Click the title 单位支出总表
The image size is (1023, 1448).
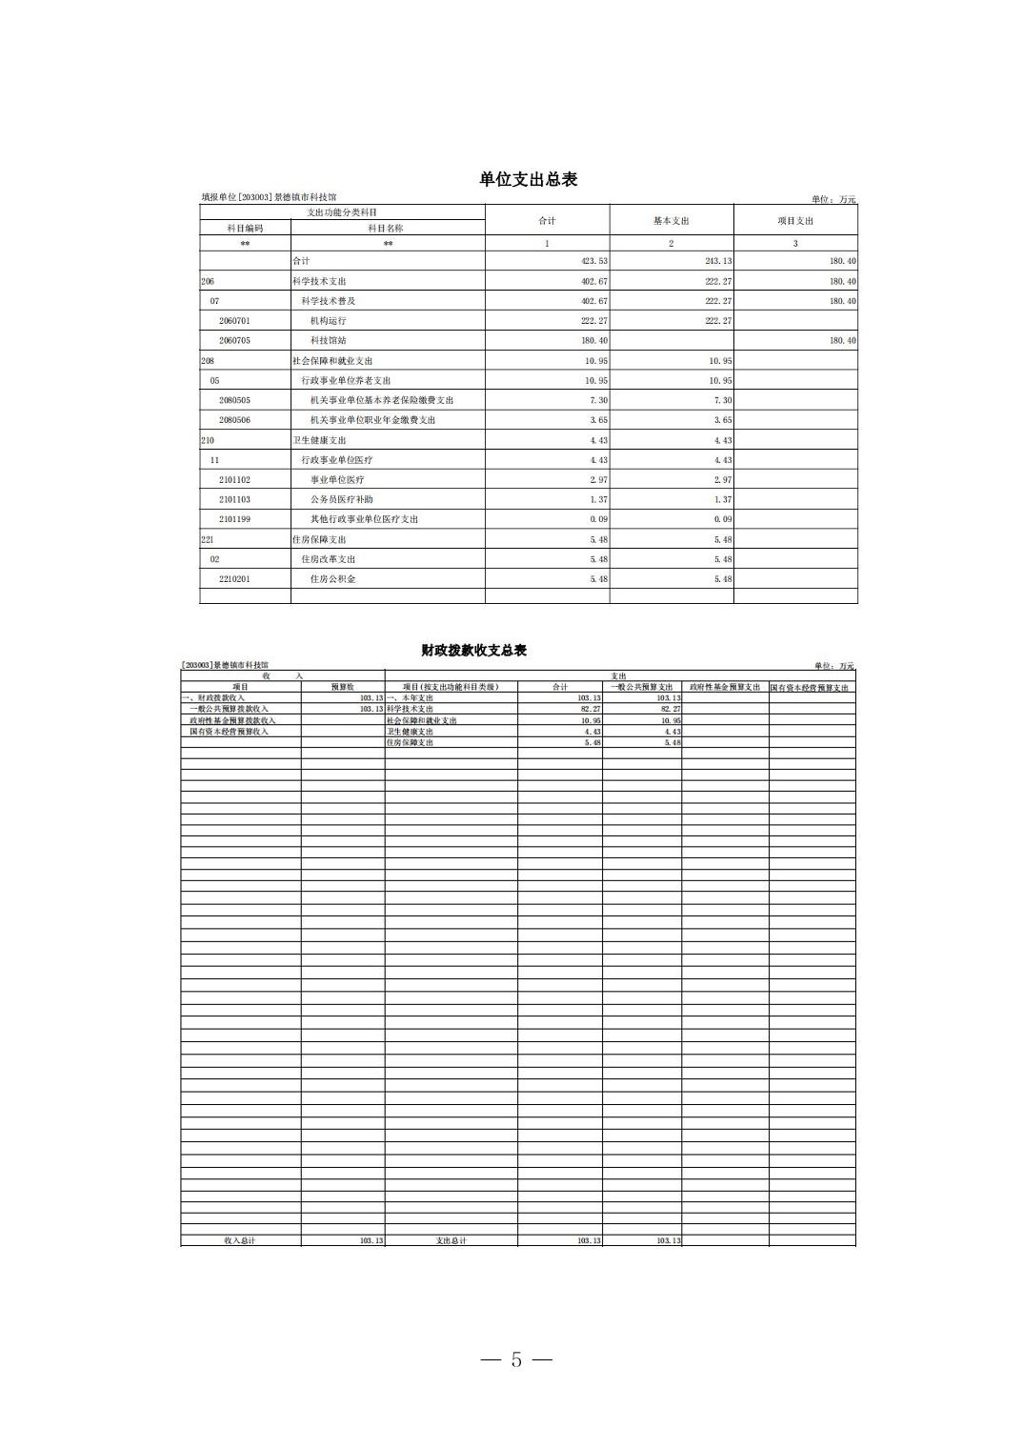point(528,179)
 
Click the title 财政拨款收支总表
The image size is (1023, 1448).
point(473,651)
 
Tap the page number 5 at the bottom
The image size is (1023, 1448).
point(516,1359)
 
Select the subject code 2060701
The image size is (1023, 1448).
point(234,321)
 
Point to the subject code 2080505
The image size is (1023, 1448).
point(234,400)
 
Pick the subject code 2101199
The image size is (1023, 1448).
point(234,519)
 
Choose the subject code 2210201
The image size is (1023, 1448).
point(234,579)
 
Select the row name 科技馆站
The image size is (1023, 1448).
point(329,340)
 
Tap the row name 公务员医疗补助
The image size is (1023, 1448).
point(341,499)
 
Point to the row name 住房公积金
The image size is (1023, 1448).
point(332,579)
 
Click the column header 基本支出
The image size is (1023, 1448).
point(671,221)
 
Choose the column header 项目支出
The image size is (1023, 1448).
point(795,221)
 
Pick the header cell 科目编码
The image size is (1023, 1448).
point(245,229)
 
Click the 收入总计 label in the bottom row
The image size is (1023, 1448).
point(240,1240)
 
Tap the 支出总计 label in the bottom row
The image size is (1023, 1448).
point(451,1240)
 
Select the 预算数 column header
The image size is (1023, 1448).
point(343,687)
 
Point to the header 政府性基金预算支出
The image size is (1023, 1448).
point(725,687)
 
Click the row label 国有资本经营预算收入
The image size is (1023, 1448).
point(229,732)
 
